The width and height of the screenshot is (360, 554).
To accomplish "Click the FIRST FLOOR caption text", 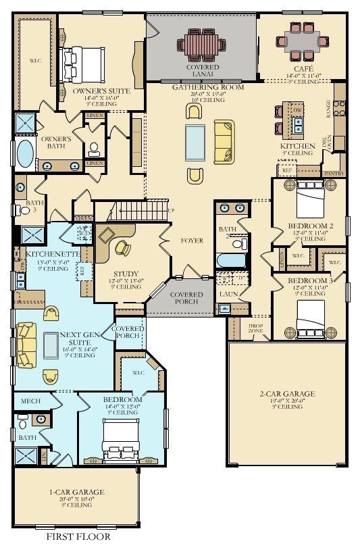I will coord(78,537).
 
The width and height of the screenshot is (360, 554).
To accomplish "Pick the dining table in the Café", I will coord(303,41).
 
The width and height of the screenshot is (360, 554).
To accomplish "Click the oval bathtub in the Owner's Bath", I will coord(24,154).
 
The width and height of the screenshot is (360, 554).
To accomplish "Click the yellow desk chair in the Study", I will coord(122,247).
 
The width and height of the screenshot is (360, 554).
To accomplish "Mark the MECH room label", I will coord(31,401).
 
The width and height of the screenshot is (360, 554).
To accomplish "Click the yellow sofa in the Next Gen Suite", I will coord(26,344).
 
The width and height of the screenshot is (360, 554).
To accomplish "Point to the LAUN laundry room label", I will coord(226,295).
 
